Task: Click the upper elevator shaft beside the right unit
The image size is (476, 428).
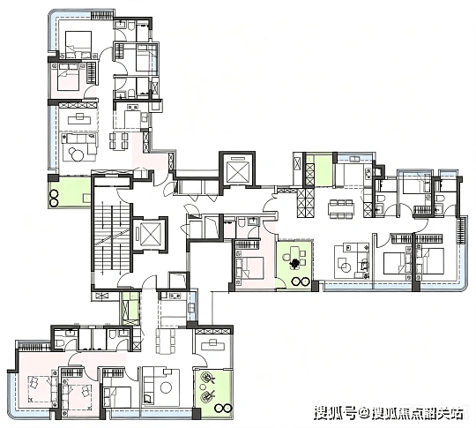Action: (x=237, y=169)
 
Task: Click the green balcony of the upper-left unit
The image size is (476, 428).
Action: (x=70, y=192)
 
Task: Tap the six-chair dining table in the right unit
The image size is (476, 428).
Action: (x=341, y=210)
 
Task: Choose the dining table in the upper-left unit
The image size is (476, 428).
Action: (x=119, y=141)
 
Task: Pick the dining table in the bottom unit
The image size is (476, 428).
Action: (x=166, y=342)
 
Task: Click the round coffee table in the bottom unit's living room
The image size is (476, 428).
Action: (x=166, y=387)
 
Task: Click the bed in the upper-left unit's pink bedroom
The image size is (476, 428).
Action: (x=69, y=77)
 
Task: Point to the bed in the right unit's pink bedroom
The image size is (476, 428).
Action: (x=253, y=267)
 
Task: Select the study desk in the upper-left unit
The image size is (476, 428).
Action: (x=80, y=119)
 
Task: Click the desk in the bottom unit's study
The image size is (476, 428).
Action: (x=212, y=344)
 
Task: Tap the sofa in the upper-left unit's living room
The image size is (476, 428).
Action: (x=80, y=143)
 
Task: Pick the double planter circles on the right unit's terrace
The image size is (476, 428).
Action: (x=301, y=282)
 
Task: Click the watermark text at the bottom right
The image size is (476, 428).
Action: (x=390, y=413)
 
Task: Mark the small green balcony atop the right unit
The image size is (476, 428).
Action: (x=324, y=169)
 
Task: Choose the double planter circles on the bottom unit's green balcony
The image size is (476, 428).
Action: (x=223, y=408)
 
